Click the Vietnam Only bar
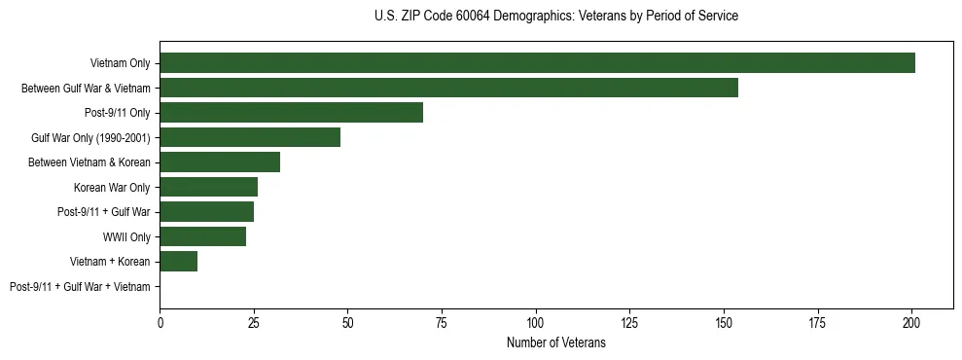pos(537,63)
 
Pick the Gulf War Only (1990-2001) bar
pos(250,137)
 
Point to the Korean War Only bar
pos(208,187)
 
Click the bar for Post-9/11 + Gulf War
pos(206,211)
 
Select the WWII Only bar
pos(202,236)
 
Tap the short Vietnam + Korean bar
pos(179,261)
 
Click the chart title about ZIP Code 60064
pos(555,17)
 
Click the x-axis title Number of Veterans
pos(555,342)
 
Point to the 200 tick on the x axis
pos(911,322)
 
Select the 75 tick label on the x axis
pos(442,322)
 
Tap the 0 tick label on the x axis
pos(160,322)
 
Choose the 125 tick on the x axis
pos(629,322)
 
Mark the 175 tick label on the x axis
pos(817,322)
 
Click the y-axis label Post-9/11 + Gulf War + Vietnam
pos(80,286)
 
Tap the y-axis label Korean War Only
pos(112,187)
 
